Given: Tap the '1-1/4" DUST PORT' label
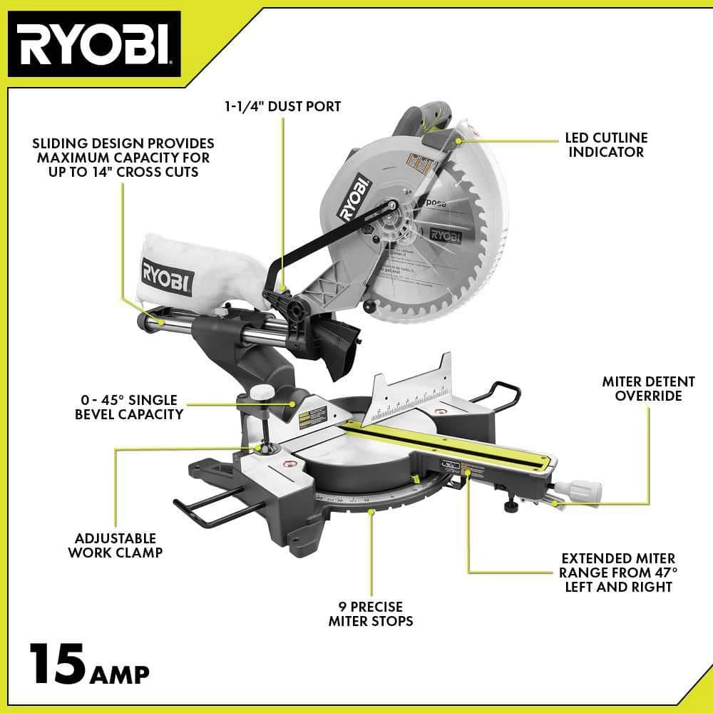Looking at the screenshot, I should pos(283,106).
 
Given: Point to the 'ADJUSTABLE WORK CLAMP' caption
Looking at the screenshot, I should pos(116,545).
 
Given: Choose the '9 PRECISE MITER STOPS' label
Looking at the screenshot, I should pos(371,614).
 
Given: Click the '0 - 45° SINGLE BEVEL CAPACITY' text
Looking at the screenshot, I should pos(128,407).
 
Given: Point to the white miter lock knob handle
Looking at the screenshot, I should pos(578,491).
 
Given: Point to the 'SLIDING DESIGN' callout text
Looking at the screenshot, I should pos(122,158).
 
